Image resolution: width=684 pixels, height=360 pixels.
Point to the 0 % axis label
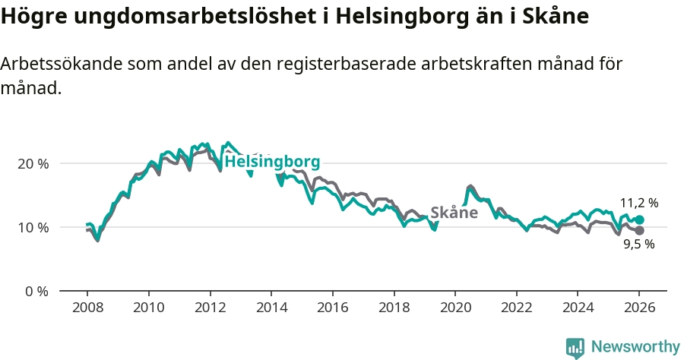point(36,291)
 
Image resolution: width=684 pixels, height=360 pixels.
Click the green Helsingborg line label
point(272,162)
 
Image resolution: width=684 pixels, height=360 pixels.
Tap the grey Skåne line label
point(454,213)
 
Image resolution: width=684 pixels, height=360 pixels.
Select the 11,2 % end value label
point(639,203)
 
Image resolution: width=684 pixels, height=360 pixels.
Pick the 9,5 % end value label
point(639,245)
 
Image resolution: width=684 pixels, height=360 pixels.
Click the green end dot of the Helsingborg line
point(639,219)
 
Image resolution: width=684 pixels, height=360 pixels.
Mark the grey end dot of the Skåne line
point(639,230)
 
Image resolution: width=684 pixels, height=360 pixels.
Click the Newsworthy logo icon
point(575,348)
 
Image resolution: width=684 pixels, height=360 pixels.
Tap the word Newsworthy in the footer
point(635,347)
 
